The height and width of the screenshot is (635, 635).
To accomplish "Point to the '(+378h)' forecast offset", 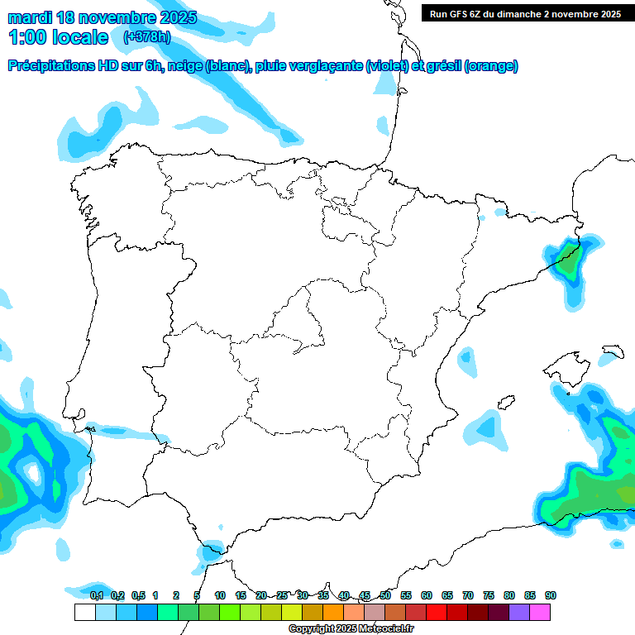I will coord(146,36).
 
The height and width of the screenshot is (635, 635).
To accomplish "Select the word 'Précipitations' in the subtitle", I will coord(50,66).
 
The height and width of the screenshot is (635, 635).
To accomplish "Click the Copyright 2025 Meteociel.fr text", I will coord(351,629).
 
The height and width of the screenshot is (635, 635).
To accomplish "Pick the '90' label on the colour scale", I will coord(551,595).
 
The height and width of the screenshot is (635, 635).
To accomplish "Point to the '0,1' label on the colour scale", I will coord(97,595).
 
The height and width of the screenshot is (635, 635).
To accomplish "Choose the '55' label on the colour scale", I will coord(406,595).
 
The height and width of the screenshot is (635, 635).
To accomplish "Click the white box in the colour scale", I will coord(84,612).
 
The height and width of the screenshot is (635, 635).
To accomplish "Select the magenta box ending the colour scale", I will coord(540,612).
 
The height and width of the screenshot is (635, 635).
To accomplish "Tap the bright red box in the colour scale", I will coord(437,612).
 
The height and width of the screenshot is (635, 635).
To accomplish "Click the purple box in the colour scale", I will coord(519,612).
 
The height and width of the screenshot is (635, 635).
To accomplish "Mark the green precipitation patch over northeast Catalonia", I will coord(568,260).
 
